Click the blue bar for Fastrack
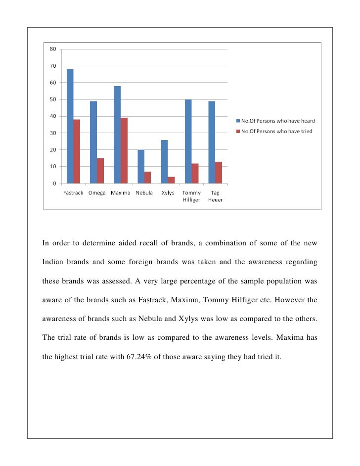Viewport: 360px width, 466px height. (70, 126)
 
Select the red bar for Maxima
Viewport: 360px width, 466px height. (124, 151)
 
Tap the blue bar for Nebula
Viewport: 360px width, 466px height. (141, 166)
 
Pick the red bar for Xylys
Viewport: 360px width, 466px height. (171, 180)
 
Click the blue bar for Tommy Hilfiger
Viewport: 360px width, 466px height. (188, 141)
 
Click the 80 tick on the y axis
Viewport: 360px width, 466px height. (52, 49)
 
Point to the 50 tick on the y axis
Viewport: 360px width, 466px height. (52, 99)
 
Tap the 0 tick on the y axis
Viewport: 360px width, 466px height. (54, 184)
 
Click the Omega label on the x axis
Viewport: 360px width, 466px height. (97, 193)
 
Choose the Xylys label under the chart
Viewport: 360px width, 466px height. (168, 193)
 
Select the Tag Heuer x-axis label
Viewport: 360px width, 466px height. (215, 196)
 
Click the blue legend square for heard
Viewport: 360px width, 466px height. (238, 121)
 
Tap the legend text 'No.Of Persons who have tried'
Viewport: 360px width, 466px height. (277, 131)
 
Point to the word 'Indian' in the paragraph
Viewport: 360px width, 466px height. (54, 261)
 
